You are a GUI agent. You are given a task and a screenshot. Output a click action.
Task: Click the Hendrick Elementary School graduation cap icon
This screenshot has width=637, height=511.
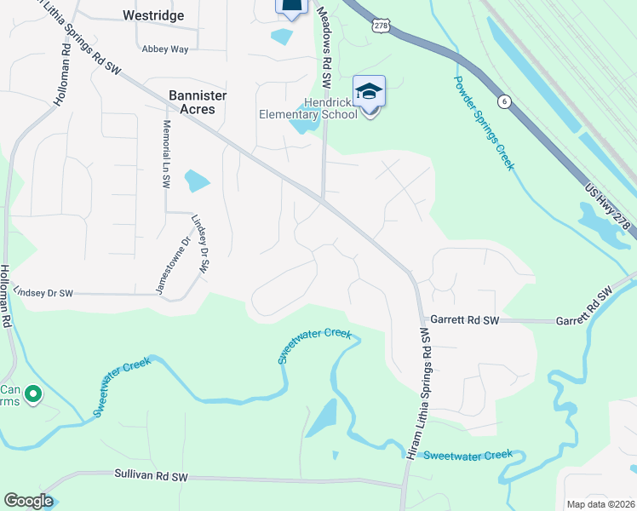click(369, 91)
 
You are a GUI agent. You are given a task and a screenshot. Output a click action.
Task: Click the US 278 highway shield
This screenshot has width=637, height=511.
click(380, 26)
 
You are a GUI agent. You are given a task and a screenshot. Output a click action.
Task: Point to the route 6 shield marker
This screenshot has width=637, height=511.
click(505, 100)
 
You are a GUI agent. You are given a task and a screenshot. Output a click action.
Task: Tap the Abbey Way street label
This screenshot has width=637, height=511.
click(165, 49)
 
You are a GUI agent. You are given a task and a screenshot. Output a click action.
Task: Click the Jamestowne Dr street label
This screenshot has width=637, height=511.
click(162, 266)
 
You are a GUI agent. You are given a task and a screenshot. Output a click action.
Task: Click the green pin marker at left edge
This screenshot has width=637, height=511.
click(32, 393)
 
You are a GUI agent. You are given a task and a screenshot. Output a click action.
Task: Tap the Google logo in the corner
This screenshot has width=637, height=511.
click(28, 501)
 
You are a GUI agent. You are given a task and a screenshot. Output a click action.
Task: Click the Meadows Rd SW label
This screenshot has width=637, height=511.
click(323, 46)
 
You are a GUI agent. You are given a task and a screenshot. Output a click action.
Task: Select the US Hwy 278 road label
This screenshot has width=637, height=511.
click(610, 202)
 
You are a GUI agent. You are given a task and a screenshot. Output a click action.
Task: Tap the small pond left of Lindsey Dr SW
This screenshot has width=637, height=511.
click(197, 180)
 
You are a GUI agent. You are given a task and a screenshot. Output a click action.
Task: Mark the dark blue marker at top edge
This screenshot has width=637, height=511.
click(290, 8)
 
